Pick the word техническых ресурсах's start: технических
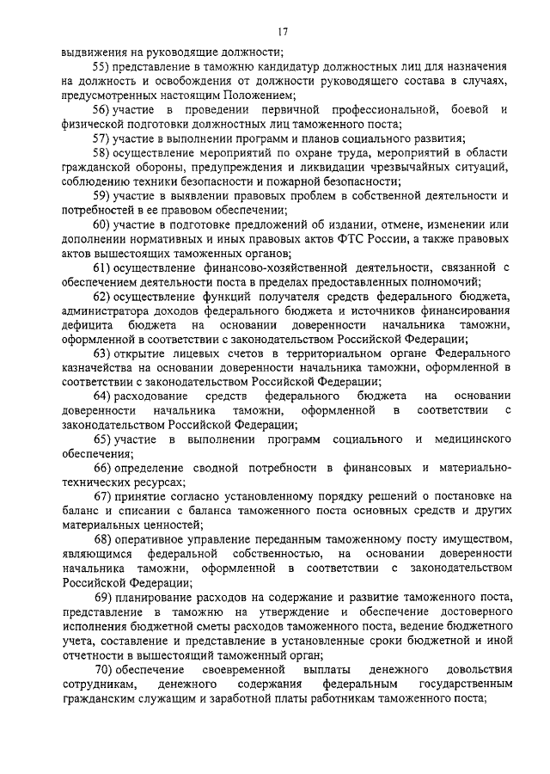click(95, 482)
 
